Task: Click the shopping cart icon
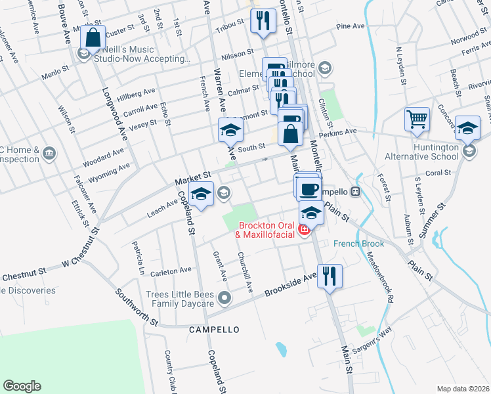tap(417, 120)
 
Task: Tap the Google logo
tap(22, 386)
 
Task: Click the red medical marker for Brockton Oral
tap(303, 229)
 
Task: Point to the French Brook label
tap(358, 244)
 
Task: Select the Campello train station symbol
tap(355, 192)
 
